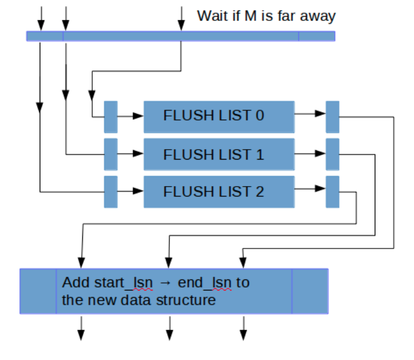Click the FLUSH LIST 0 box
tap(219, 117)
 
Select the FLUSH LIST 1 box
tap(219, 154)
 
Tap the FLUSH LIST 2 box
tap(219, 192)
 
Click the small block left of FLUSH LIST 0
tap(111, 117)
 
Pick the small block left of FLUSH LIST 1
tap(111, 154)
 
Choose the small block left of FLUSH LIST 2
tap(111, 192)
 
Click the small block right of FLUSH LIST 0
tap(332, 117)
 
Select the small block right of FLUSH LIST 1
tap(332, 154)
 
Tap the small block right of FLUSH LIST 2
tap(332, 192)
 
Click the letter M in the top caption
tap(251, 16)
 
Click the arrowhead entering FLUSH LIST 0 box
tap(138, 117)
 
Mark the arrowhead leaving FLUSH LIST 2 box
tap(320, 188)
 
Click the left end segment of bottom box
tap(38, 291)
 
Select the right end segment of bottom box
tap(310, 291)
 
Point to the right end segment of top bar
tap(317, 36)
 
